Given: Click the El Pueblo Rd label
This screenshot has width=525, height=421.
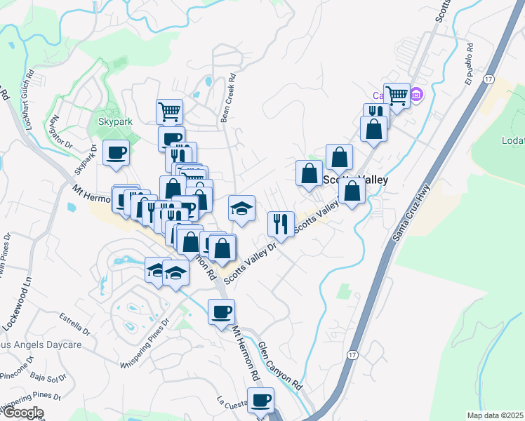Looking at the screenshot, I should [x=475, y=67].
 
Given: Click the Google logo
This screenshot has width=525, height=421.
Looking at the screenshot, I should [x=22, y=413].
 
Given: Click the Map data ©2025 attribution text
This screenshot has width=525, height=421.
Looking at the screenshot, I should [x=495, y=415].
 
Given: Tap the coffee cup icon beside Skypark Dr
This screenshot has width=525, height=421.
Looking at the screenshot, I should [x=117, y=152].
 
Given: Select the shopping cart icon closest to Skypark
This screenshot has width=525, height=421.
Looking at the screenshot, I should [x=169, y=110].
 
